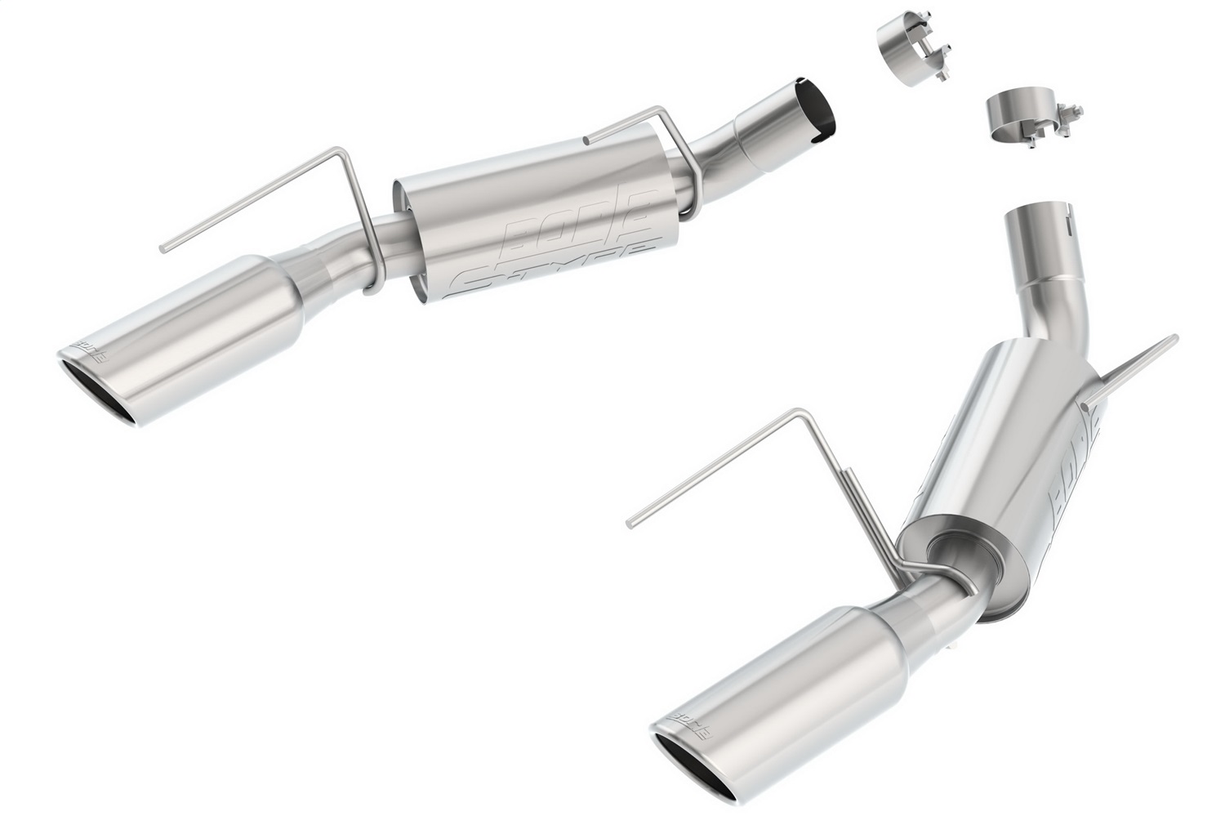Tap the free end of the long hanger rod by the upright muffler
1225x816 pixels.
tap(630, 521)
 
